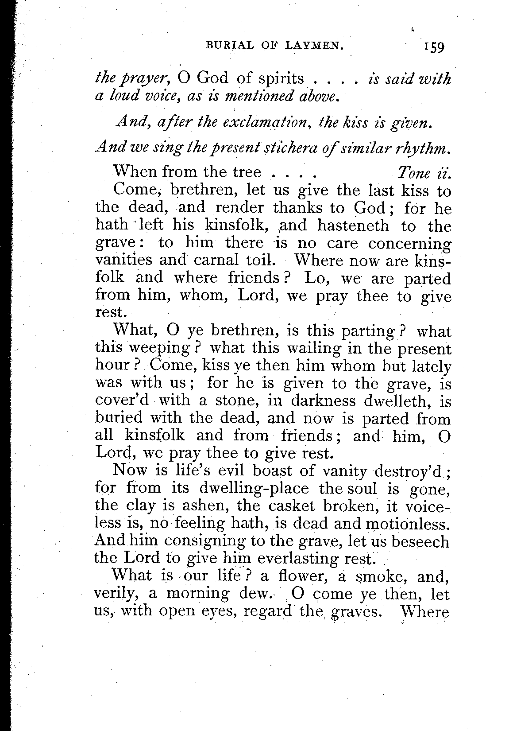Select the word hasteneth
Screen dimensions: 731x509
click(353, 226)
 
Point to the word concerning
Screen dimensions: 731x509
click(409, 243)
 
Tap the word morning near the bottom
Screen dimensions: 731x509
click(191, 594)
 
